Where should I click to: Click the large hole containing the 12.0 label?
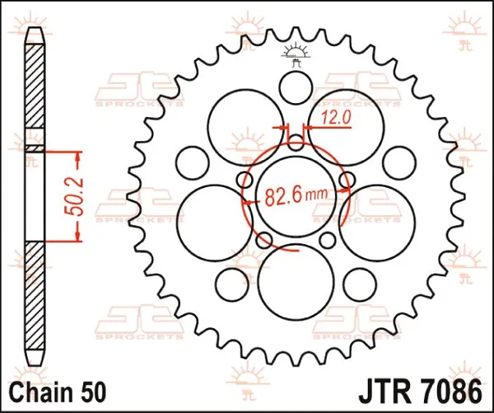(344, 124)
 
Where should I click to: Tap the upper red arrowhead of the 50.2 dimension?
(78, 157)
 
